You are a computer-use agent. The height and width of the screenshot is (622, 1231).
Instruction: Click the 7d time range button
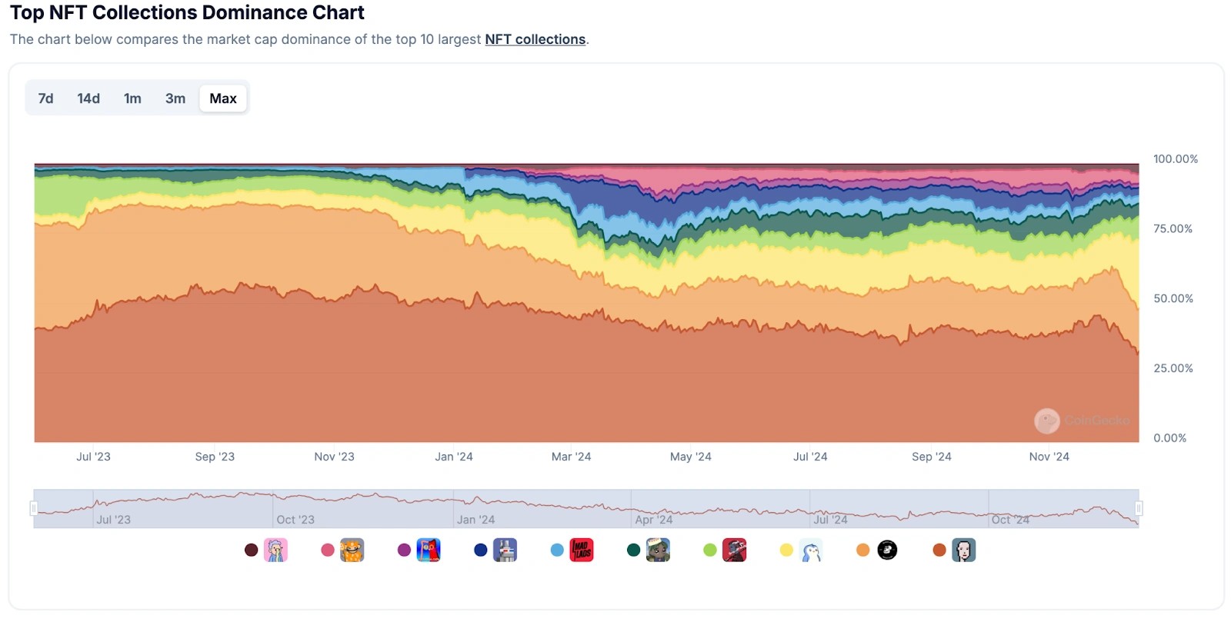(46, 98)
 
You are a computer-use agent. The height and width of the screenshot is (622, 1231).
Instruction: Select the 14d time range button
(88, 98)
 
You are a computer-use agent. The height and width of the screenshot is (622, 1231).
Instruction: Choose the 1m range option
(132, 98)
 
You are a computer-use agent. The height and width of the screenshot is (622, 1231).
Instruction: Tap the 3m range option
(175, 98)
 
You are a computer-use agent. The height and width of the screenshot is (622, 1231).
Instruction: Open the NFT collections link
(535, 39)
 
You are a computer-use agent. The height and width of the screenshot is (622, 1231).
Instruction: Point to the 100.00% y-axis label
(1175, 159)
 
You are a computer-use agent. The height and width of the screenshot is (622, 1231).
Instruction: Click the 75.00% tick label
(1173, 229)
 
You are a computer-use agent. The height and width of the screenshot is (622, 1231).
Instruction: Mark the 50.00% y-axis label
(1173, 298)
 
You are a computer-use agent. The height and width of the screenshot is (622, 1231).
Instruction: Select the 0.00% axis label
(1169, 438)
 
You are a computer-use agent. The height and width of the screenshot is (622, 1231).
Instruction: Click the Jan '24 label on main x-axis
(454, 457)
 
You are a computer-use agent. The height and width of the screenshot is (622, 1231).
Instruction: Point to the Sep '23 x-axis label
(215, 457)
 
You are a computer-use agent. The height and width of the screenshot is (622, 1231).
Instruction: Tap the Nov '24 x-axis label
(1049, 457)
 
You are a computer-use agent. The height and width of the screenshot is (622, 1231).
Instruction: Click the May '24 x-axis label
(690, 457)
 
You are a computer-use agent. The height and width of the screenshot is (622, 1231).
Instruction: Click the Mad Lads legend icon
(582, 550)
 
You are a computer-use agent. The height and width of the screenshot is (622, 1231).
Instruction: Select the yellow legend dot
(786, 550)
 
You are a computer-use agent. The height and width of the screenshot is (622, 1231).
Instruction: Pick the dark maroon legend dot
(251, 550)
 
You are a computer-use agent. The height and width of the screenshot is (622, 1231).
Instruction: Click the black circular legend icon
(887, 550)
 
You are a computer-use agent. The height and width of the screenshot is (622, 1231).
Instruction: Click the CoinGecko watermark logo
(1046, 421)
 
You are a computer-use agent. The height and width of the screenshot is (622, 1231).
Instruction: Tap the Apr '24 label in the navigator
(654, 520)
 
